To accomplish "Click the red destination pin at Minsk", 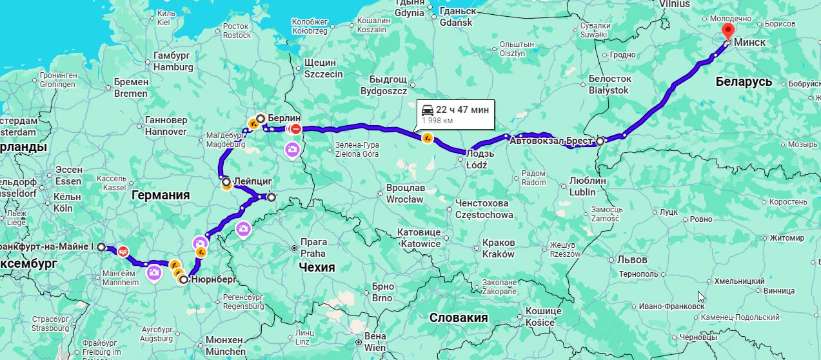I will pyautogui.click(x=727, y=32).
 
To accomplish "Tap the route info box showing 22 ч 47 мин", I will pyautogui.click(x=455, y=113).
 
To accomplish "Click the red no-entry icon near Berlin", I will pyautogui.click(x=295, y=129).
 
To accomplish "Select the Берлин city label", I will pyautogui.click(x=284, y=118).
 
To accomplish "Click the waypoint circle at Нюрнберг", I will pyautogui.click(x=184, y=280).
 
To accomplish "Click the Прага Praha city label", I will pyautogui.click(x=313, y=248).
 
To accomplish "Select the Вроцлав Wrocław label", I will pyautogui.click(x=405, y=194).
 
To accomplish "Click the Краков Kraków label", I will pyautogui.click(x=499, y=248).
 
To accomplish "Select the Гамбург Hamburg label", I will pyautogui.click(x=173, y=61).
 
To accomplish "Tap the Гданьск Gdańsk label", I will pyautogui.click(x=457, y=17).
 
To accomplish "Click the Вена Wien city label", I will pyautogui.click(x=375, y=341).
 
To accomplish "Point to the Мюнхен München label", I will pyautogui.click(x=224, y=345).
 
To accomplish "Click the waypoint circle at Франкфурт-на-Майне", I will pyautogui.click(x=101, y=246).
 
